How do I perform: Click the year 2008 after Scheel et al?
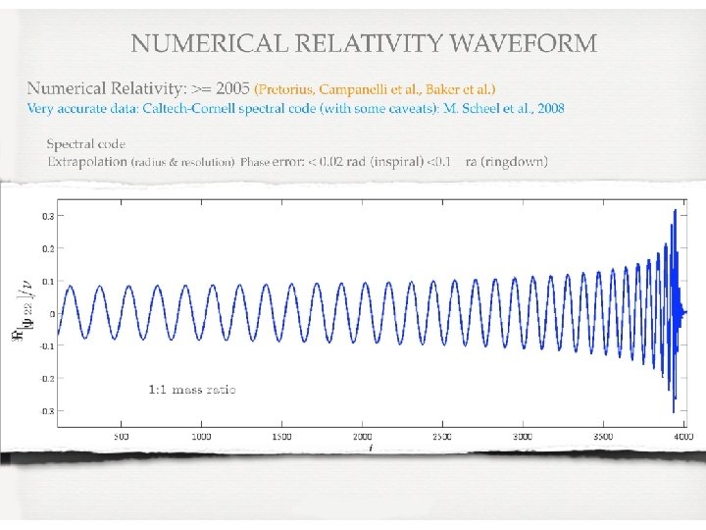pyautogui.click(x=549, y=108)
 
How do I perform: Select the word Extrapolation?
pyautogui.click(x=86, y=161)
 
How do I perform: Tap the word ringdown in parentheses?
pyautogui.click(x=515, y=161)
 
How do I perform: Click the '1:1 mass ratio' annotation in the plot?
pyautogui.click(x=192, y=390)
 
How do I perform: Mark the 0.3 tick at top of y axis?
pyautogui.click(x=46, y=214)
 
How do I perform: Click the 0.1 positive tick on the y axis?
pyautogui.click(x=46, y=282)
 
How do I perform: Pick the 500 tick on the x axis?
pyautogui.click(x=121, y=436)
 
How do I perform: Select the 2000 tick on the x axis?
pyautogui.click(x=362, y=436)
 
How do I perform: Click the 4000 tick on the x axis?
pyautogui.click(x=682, y=436)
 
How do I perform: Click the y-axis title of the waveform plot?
pyautogui.click(x=28, y=311)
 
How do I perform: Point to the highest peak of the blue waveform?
pyautogui.click(x=674, y=211)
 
